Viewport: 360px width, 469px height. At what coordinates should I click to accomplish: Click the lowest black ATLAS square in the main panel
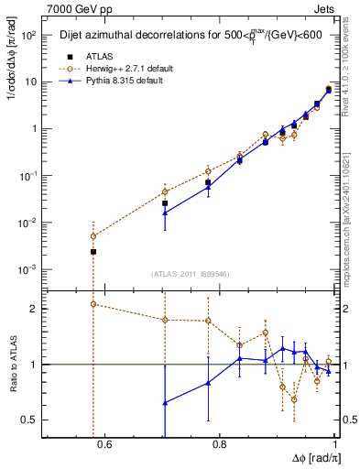(x=93, y=251)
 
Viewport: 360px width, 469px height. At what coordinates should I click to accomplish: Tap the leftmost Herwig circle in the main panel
(x=93, y=235)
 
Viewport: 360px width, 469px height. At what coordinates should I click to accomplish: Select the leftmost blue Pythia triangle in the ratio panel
(x=165, y=402)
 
